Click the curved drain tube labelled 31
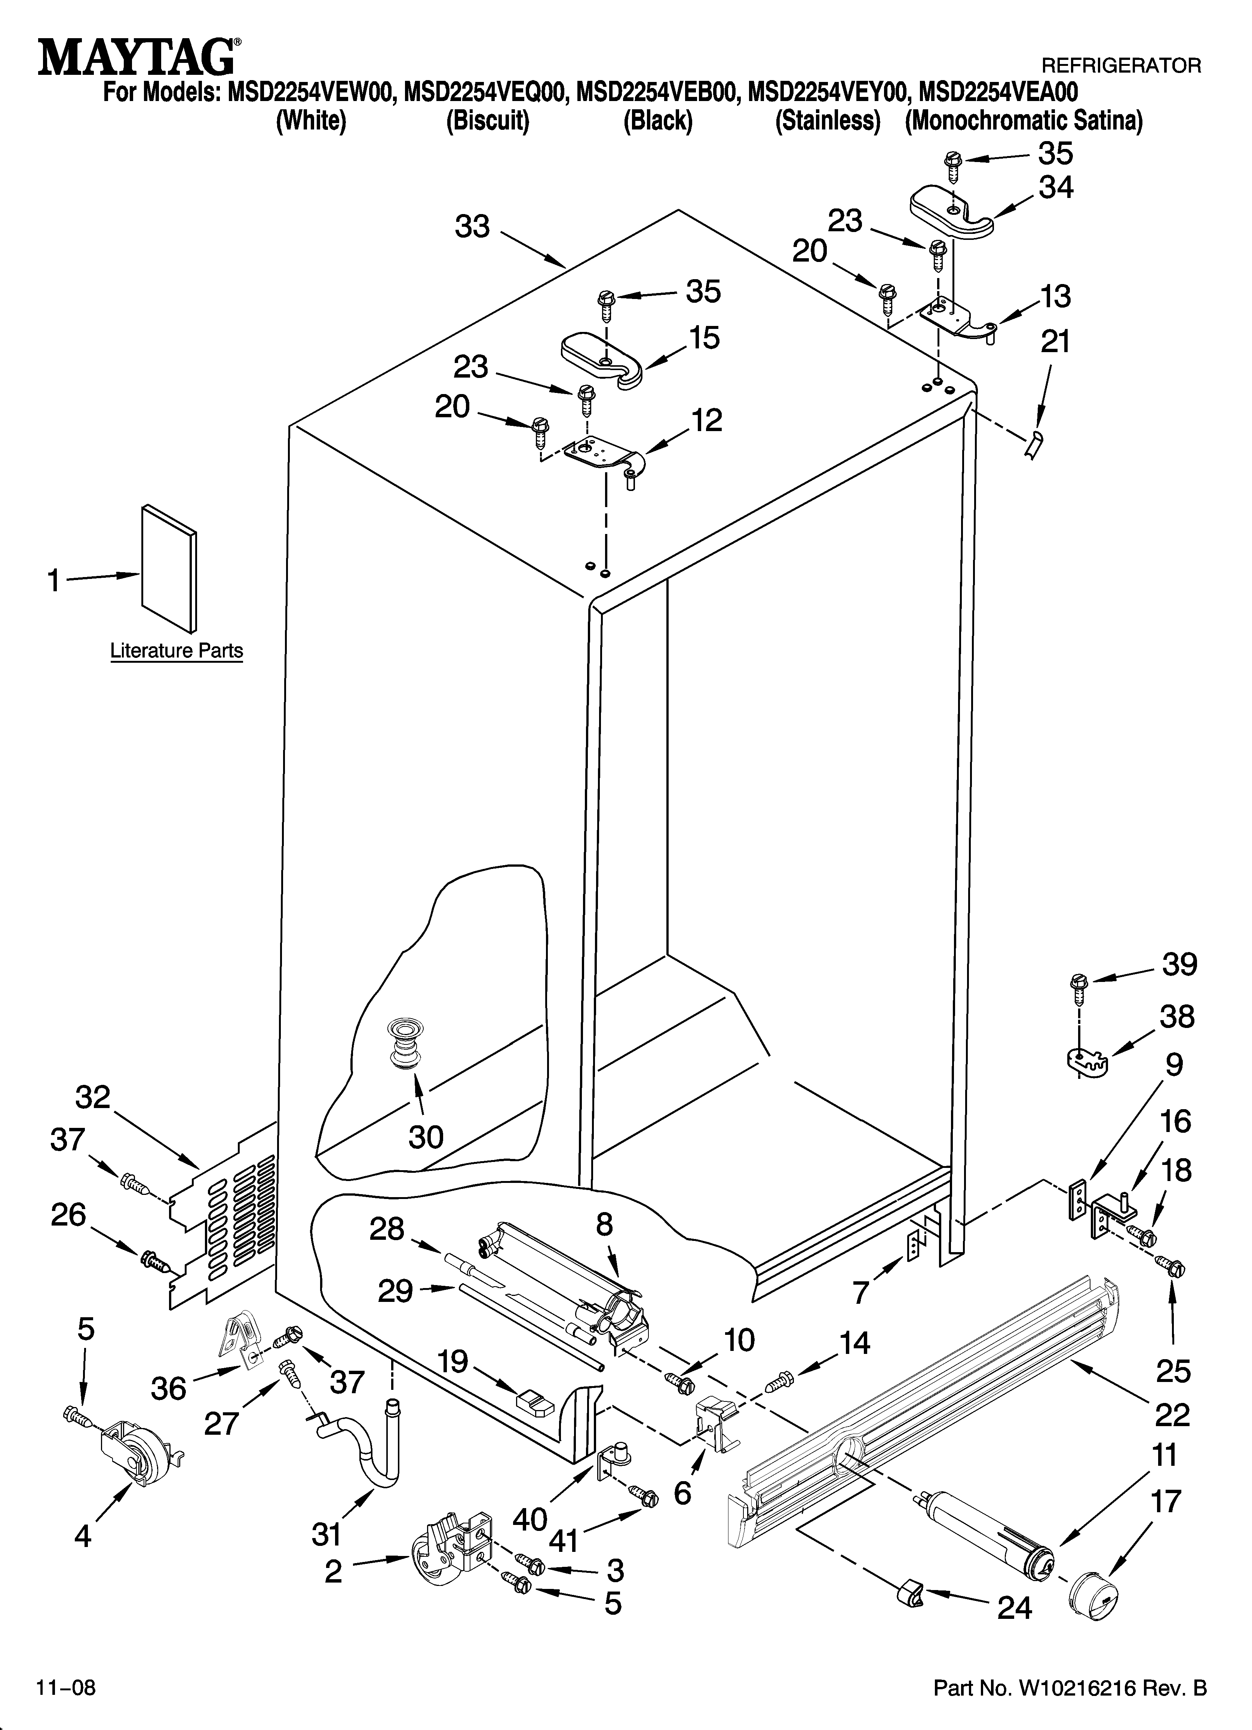[x=366, y=1444]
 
